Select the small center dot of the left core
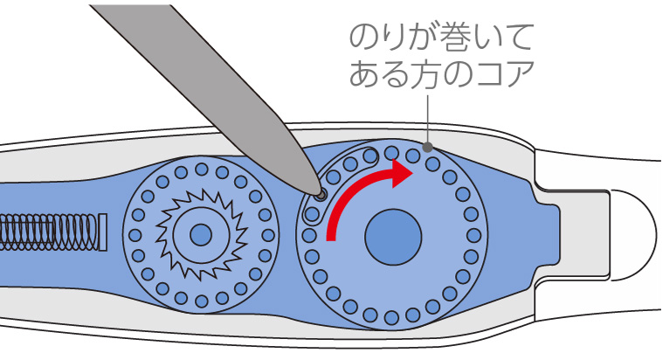(x=201, y=234)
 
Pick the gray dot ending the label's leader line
(x=428, y=147)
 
